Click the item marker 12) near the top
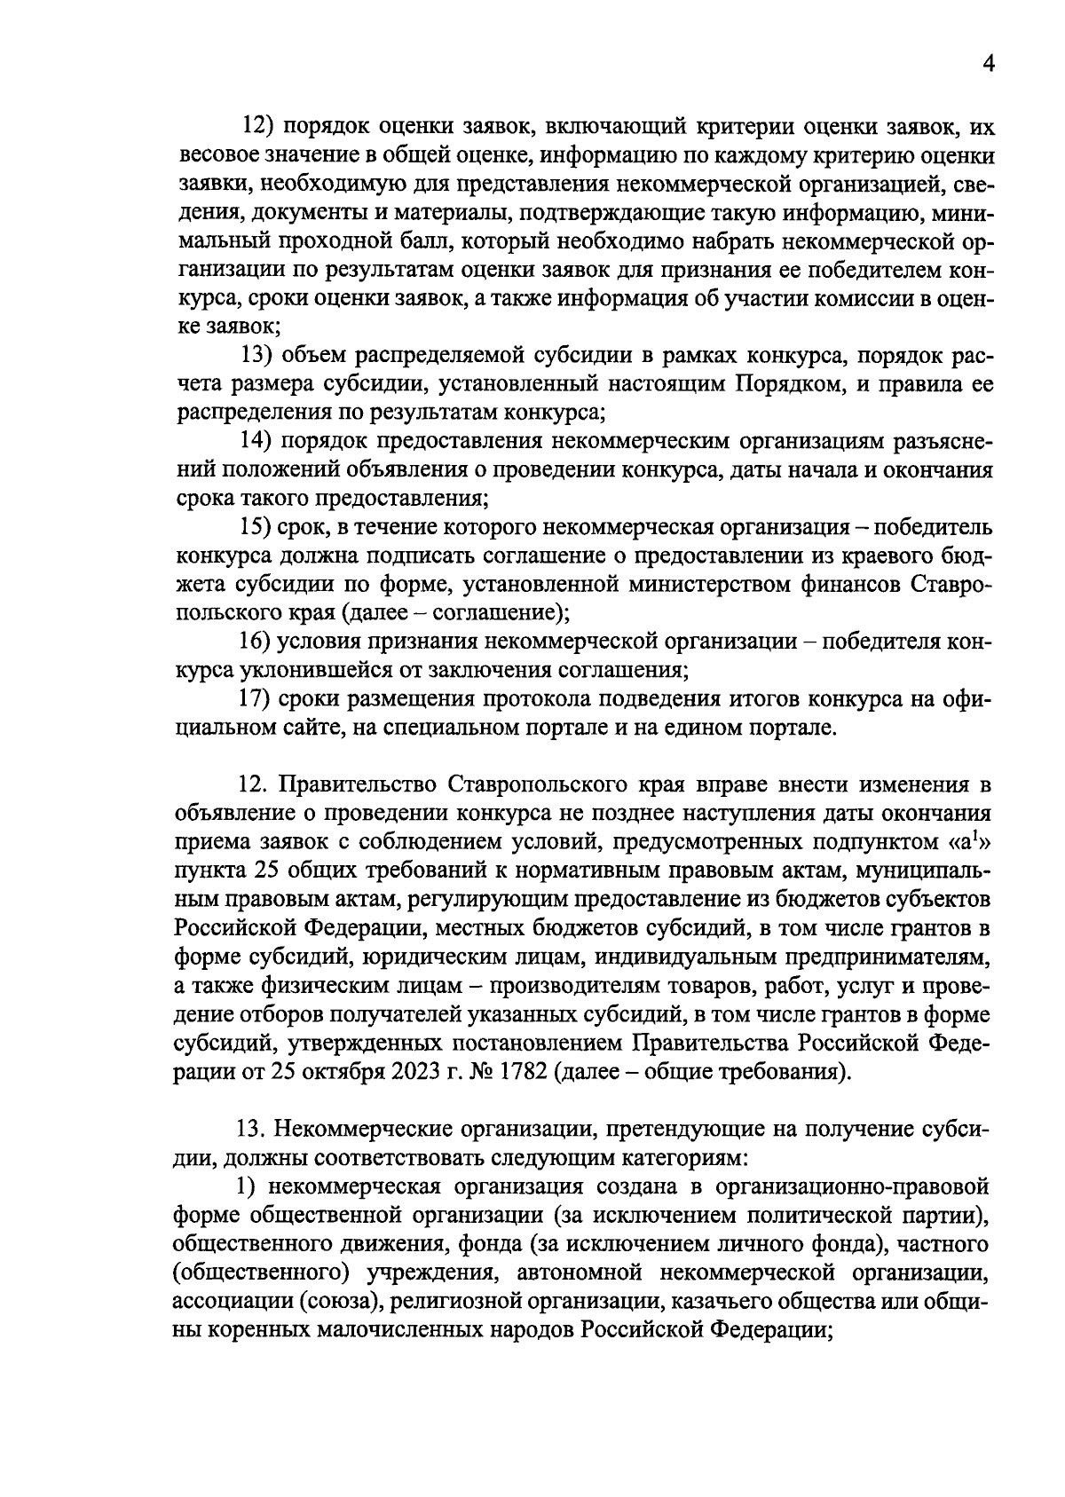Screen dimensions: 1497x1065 (x=262, y=127)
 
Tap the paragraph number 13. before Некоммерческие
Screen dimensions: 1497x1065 (x=253, y=1129)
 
